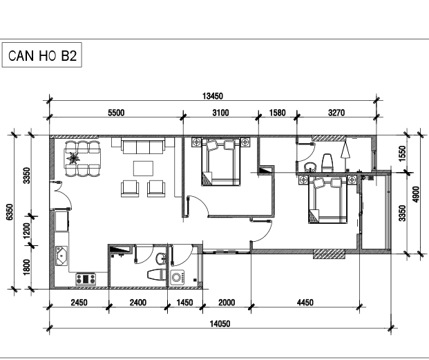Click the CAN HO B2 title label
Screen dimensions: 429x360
click(42, 55)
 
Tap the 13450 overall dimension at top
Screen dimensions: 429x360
click(213, 96)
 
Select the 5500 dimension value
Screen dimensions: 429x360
click(116, 113)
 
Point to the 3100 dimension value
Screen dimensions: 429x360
click(220, 113)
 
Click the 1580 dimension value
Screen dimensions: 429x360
click(278, 113)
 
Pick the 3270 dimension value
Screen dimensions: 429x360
click(336, 113)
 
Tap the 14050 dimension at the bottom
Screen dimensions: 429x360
click(220, 324)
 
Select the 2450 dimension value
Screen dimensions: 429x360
click(79, 303)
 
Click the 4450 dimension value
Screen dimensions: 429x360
click(305, 303)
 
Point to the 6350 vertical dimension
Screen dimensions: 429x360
click(9, 211)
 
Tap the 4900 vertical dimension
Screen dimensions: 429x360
click(416, 194)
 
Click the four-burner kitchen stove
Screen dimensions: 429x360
click(86, 279)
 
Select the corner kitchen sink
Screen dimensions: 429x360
click(61, 256)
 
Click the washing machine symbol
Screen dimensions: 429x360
click(178, 278)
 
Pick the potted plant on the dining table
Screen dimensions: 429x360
click(73, 158)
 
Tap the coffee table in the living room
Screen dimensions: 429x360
click(143, 169)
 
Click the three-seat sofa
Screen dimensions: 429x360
click(143, 146)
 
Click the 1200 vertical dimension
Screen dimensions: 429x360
click(26, 231)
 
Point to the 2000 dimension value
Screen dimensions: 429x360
click(227, 303)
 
